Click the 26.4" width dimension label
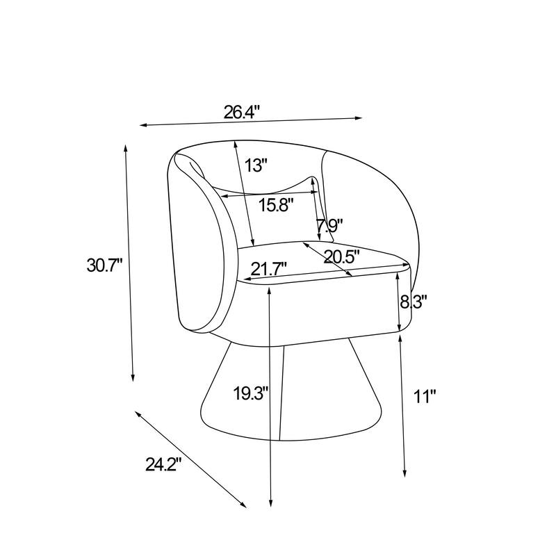(242, 112)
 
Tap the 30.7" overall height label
(105, 265)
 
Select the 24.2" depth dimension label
(163, 464)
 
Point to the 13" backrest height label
(255, 165)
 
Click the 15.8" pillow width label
(276, 204)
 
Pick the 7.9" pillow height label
(329, 225)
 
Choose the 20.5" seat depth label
(341, 256)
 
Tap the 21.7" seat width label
(269, 268)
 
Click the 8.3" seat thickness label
(413, 302)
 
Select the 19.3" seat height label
(252, 393)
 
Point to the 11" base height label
(425, 396)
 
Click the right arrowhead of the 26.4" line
(359, 118)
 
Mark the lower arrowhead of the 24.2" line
(243, 505)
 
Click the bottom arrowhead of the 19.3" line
(270, 503)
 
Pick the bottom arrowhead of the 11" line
(404, 473)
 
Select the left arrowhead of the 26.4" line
(143, 125)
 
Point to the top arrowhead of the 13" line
(235, 144)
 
